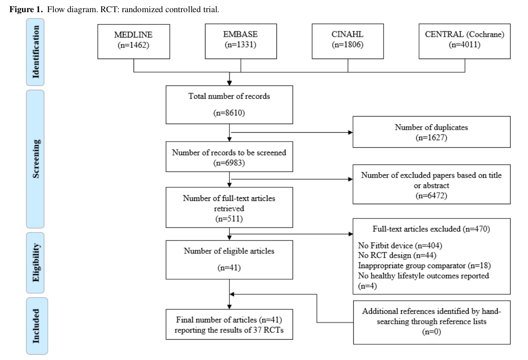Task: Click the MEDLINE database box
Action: click(x=134, y=41)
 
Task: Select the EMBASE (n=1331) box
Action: click(x=240, y=41)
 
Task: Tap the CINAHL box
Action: click(x=348, y=41)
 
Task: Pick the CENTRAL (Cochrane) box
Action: click(x=464, y=41)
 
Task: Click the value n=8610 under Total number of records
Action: click(x=229, y=113)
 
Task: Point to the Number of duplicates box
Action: click(x=431, y=132)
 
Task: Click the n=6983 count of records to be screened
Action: click(x=229, y=163)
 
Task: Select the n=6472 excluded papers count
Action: click(x=431, y=196)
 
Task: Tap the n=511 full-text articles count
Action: click(x=229, y=219)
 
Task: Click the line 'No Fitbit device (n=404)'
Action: click(x=400, y=246)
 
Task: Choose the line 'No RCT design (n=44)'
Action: click(x=397, y=255)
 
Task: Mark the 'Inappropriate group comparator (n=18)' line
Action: click(x=424, y=266)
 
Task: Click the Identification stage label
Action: click(x=35, y=52)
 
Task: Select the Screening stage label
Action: click(x=35, y=159)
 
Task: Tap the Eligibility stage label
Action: click(x=35, y=263)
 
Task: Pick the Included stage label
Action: click(x=36, y=326)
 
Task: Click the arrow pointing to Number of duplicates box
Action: click(x=350, y=132)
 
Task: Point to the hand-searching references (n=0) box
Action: click(x=431, y=322)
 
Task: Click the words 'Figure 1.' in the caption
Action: click(x=26, y=10)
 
